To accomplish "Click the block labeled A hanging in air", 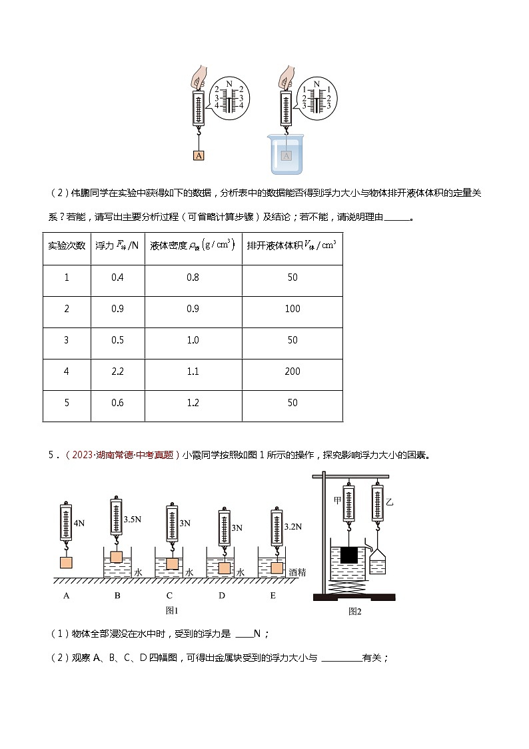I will (199, 155).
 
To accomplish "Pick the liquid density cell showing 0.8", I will (193, 277).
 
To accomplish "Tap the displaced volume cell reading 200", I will (292, 371).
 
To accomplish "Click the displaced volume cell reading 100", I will (292, 309).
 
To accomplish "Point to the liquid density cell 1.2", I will (193, 403).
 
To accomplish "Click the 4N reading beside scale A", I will (80, 524).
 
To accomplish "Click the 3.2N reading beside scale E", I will (294, 526).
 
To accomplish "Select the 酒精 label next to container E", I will (297, 572).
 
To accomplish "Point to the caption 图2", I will (354, 610).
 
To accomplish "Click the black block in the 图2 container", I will (348, 555).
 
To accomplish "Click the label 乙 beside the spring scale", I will (390, 503).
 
